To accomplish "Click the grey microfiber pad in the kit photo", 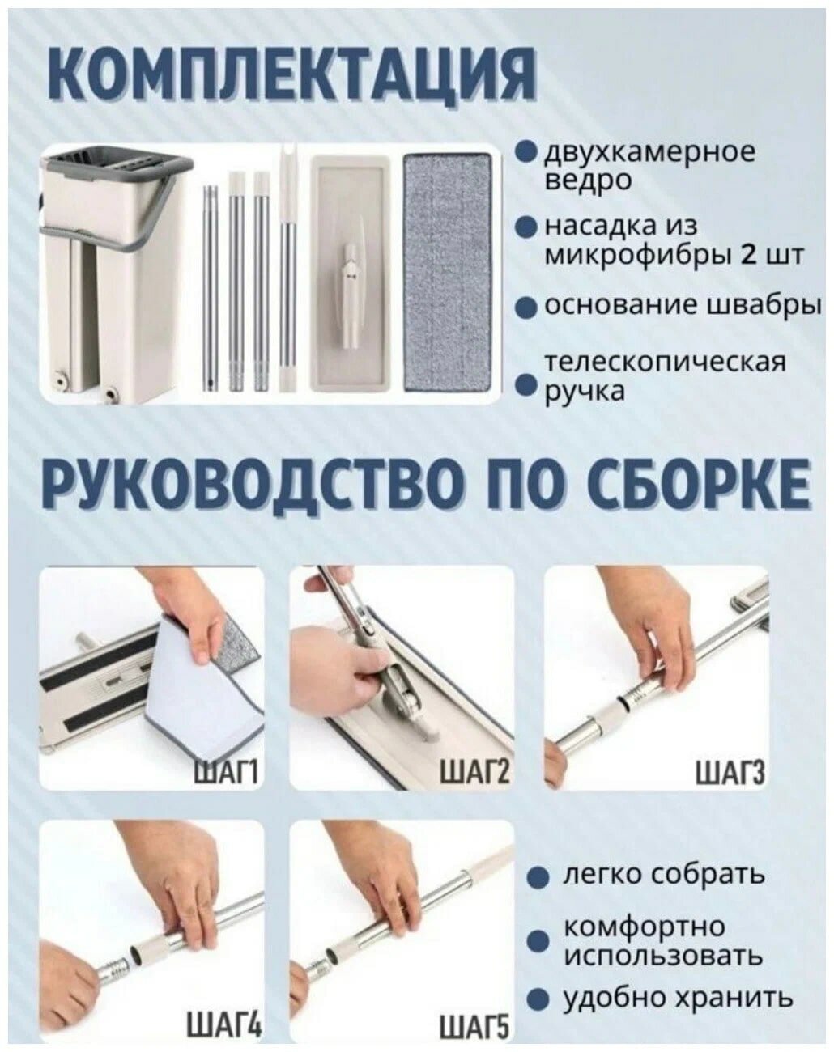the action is (x=447, y=272).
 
